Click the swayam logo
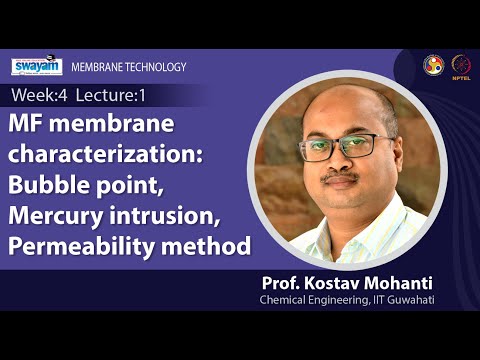point(37,67)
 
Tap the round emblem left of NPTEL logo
point(432,63)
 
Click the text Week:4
point(38,96)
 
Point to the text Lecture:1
point(112,96)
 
